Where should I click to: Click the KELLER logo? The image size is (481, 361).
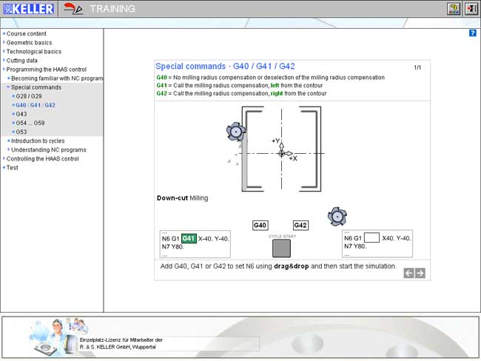(x=28, y=9)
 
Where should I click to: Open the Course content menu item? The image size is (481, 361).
(x=27, y=34)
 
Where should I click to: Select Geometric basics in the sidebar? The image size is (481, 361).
(x=29, y=43)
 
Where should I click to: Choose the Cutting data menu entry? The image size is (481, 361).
(x=21, y=61)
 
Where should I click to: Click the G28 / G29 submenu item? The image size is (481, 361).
(x=29, y=96)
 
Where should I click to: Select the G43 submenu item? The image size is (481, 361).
(x=21, y=114)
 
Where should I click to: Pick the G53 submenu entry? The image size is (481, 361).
(x=21, y=132)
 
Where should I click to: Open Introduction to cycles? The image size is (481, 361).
(x=38, y=141)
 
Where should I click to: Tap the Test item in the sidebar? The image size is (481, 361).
(x=13, y=168)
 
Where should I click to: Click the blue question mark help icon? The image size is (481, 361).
(x=472, y=33)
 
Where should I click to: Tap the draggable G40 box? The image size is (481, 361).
(x=260, y=226)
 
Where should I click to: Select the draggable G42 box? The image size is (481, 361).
(x=300, y=226)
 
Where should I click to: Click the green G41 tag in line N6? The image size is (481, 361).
(x=189, y=238)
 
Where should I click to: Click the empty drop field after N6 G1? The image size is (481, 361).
(x=371, y=237)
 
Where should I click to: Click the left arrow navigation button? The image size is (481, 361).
(x=408, y=273)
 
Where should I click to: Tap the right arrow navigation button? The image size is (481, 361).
(x=420, y=273)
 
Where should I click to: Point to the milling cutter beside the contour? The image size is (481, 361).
(x=236, y=132)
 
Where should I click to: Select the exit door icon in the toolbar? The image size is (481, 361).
(x=471, y=9)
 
